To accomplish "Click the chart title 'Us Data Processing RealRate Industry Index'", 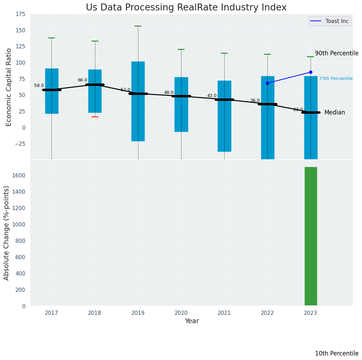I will point(186,8).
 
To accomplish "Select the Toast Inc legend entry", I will point(329,21).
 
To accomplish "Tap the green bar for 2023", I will point(311,236).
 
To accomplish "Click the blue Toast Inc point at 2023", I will point(311,72).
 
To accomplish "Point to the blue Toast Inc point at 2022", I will point(267,83).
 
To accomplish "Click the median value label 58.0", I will point(39,86).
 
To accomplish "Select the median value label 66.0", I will point(82,80).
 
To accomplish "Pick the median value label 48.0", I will point(169,93).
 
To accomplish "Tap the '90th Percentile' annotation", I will point(337,53).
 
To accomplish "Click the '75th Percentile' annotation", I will point(336,79).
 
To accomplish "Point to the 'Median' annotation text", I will point(335,112).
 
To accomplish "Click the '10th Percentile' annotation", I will point(337,353).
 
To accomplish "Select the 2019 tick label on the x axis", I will point(138,313).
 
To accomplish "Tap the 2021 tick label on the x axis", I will point(224,313).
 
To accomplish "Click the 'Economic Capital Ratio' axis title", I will point(9,87).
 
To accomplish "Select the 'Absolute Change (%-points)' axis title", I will point(7,233).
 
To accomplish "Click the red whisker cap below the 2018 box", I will point(95,117).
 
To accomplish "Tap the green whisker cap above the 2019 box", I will point(138,26).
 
